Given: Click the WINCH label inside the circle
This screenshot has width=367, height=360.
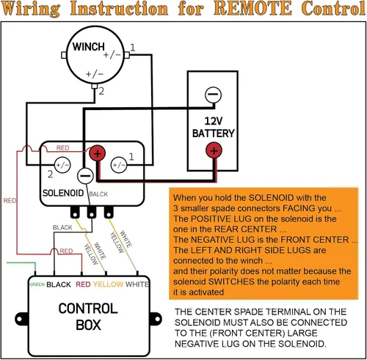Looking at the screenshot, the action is (x=88, y=46).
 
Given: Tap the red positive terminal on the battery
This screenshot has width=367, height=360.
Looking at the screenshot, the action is (x=214, y=150).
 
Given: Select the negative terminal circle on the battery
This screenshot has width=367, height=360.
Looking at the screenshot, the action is (x=213, y=95).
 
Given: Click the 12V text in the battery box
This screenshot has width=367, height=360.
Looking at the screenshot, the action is (x=214, y=121).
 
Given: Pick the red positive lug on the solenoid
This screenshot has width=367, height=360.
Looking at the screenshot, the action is (x=97, y=153).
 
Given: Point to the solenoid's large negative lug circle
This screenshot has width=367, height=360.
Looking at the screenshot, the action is (x=85, y=176).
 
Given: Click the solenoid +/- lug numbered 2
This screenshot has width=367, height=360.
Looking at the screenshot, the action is (x=62, y=165).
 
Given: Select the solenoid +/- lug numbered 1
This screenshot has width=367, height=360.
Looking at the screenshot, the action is (x=119, y=165).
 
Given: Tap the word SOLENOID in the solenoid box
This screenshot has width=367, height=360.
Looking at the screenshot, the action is (x=63, y=193).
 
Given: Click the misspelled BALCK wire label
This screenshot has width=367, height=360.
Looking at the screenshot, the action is (x=98, y=194).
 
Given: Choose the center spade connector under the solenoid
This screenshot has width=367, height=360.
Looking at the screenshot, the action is (x=92, y=212).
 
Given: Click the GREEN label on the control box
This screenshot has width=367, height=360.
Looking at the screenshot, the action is (x=37, y=284).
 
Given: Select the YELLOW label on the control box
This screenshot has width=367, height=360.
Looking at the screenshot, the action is (x=108, y=284).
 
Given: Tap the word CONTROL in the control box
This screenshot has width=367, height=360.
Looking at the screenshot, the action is (x=88, y=309).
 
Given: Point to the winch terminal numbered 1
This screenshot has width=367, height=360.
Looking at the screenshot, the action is (x=127, y=55).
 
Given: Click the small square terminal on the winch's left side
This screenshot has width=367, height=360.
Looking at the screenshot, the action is (x=64, y=55).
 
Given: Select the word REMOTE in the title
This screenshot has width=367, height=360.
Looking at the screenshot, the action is (x=253, y=8).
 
